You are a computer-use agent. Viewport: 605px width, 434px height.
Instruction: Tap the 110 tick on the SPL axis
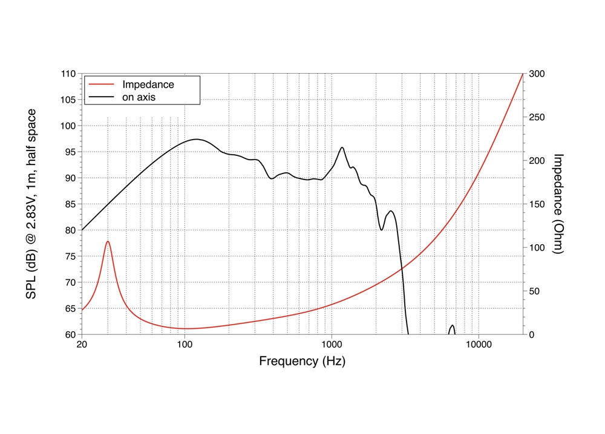tap(68, 74)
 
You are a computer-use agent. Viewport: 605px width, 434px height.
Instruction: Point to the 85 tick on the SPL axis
tap(70, 204)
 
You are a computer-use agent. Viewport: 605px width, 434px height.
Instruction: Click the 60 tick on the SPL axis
tap(70, 334)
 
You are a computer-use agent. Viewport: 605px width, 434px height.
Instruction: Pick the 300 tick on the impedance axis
tap(537, 74)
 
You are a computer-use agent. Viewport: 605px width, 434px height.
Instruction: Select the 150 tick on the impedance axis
tap(537, 204)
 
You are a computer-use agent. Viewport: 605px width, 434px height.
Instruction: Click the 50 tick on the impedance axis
tap(535, 291)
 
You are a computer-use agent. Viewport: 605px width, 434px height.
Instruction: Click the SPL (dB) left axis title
tap(30, 204)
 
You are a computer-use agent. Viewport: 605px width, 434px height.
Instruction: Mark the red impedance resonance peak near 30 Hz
tap(108, 241)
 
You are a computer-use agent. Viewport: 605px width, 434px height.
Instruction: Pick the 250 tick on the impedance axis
tap(537, 117)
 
